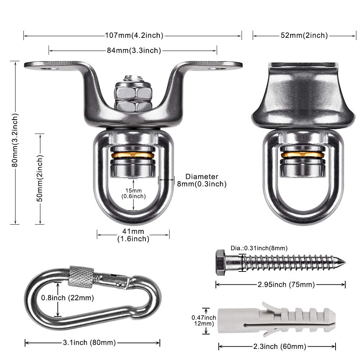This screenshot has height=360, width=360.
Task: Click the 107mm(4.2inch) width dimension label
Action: click(134, 35)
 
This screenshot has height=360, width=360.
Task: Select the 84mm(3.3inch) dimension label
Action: click(134, 50)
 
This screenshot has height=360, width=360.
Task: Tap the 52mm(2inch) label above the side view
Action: click(304, 35)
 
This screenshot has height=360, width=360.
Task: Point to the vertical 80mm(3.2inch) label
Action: click(15, 140)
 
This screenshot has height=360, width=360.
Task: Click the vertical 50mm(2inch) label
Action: click(40, 179)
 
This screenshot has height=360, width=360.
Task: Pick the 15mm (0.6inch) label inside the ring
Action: click(134, 193)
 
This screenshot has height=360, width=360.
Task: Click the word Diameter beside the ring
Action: click(202, 176)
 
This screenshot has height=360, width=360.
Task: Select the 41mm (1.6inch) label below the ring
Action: click(133, 235)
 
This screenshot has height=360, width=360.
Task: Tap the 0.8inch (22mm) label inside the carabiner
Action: click(68, 298)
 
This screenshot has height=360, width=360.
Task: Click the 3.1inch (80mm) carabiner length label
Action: click(89, 343)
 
